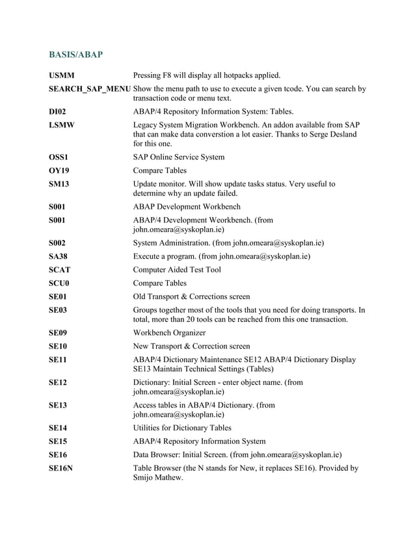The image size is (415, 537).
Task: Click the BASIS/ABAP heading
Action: click(76, 55)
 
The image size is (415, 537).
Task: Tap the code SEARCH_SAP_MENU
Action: click(90, 89)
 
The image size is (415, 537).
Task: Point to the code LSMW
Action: click(61, 124)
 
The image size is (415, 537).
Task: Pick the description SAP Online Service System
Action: click(179, 157)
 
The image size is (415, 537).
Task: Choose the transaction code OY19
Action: click(59, 170)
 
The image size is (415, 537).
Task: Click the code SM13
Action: click(59, 184)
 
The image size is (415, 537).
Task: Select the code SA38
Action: click(58, 256)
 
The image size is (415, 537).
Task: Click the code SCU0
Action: click(59, 283)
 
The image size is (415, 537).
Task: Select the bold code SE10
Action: click(58, 346)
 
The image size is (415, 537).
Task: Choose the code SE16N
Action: click(60, 467)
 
